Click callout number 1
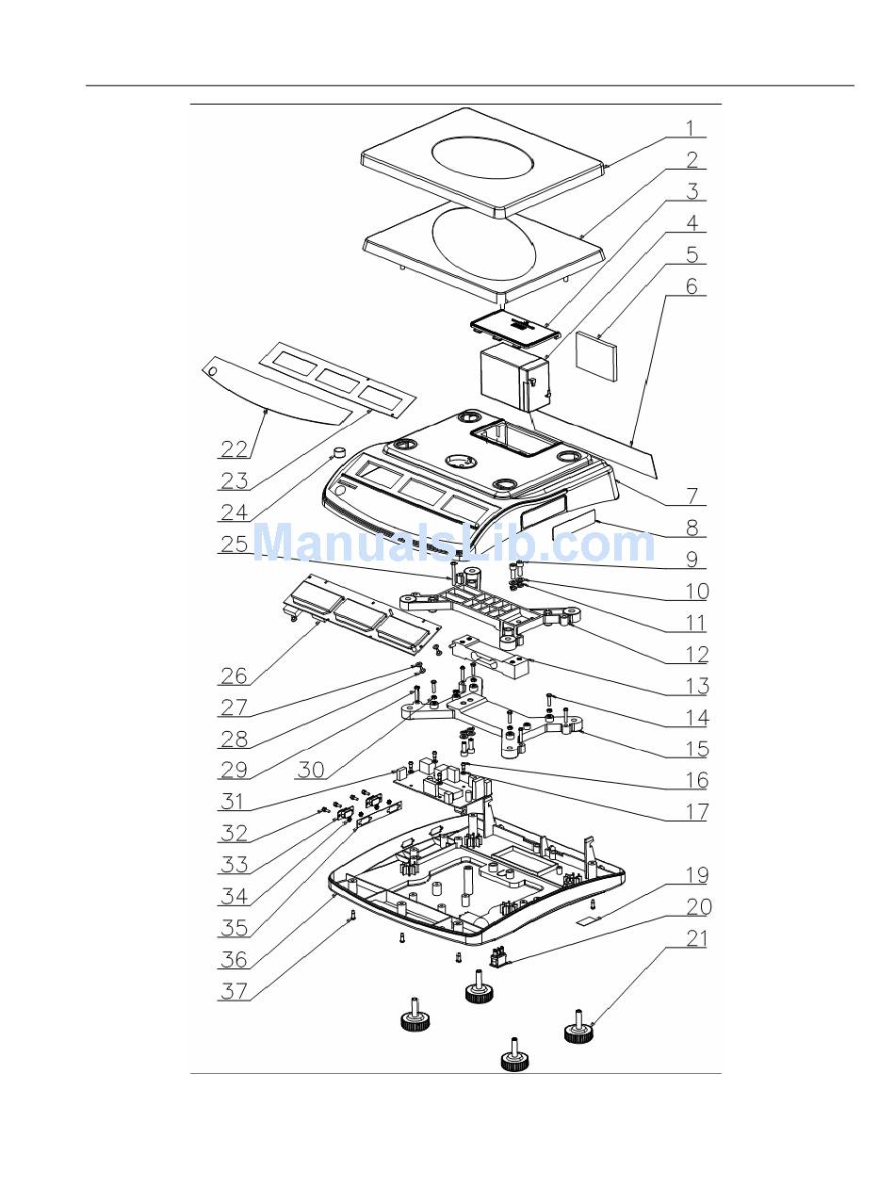pos(690,129)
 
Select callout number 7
pos(692,496)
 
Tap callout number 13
pos(697,686)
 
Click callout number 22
pos(234,448)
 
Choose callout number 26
pos(234,676)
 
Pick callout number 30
pos(311,770)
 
